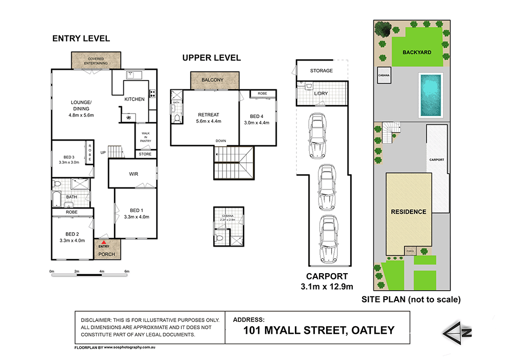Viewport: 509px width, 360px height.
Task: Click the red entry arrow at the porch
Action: point(104,242)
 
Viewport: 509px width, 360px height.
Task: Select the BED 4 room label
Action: point(256,117)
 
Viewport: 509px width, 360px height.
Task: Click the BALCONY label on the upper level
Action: point(212,80)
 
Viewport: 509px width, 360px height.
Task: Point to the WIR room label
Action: point(134,174)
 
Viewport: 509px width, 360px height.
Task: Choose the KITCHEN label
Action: point(135,99)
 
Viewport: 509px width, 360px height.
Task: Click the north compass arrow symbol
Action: point(451,331)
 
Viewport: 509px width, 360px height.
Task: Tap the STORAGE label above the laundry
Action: point(322,71)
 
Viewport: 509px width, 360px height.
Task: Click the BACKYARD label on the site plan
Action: point(417,52)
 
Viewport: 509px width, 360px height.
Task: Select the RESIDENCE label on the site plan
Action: point(408,212)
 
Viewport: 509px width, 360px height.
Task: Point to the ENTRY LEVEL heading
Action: point(81,39)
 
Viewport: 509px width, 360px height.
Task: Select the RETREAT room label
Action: point(209,115)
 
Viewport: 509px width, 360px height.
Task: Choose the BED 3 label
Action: point(69,156)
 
